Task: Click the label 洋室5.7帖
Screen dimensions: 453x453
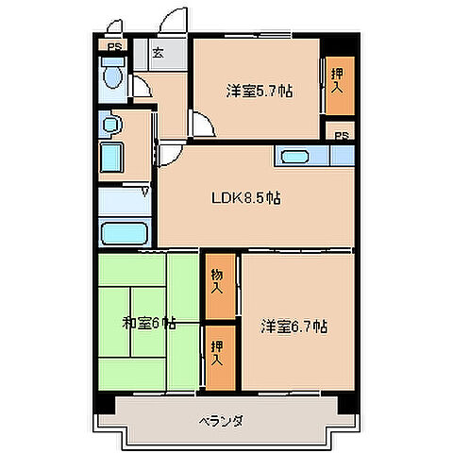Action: pos(258,92)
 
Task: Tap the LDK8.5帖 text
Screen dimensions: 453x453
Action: pos(244,198)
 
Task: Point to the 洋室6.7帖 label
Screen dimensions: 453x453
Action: pos(294,327)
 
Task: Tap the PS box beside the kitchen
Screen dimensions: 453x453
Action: pos(341,134)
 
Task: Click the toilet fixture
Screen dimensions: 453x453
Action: pos(113,77)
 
